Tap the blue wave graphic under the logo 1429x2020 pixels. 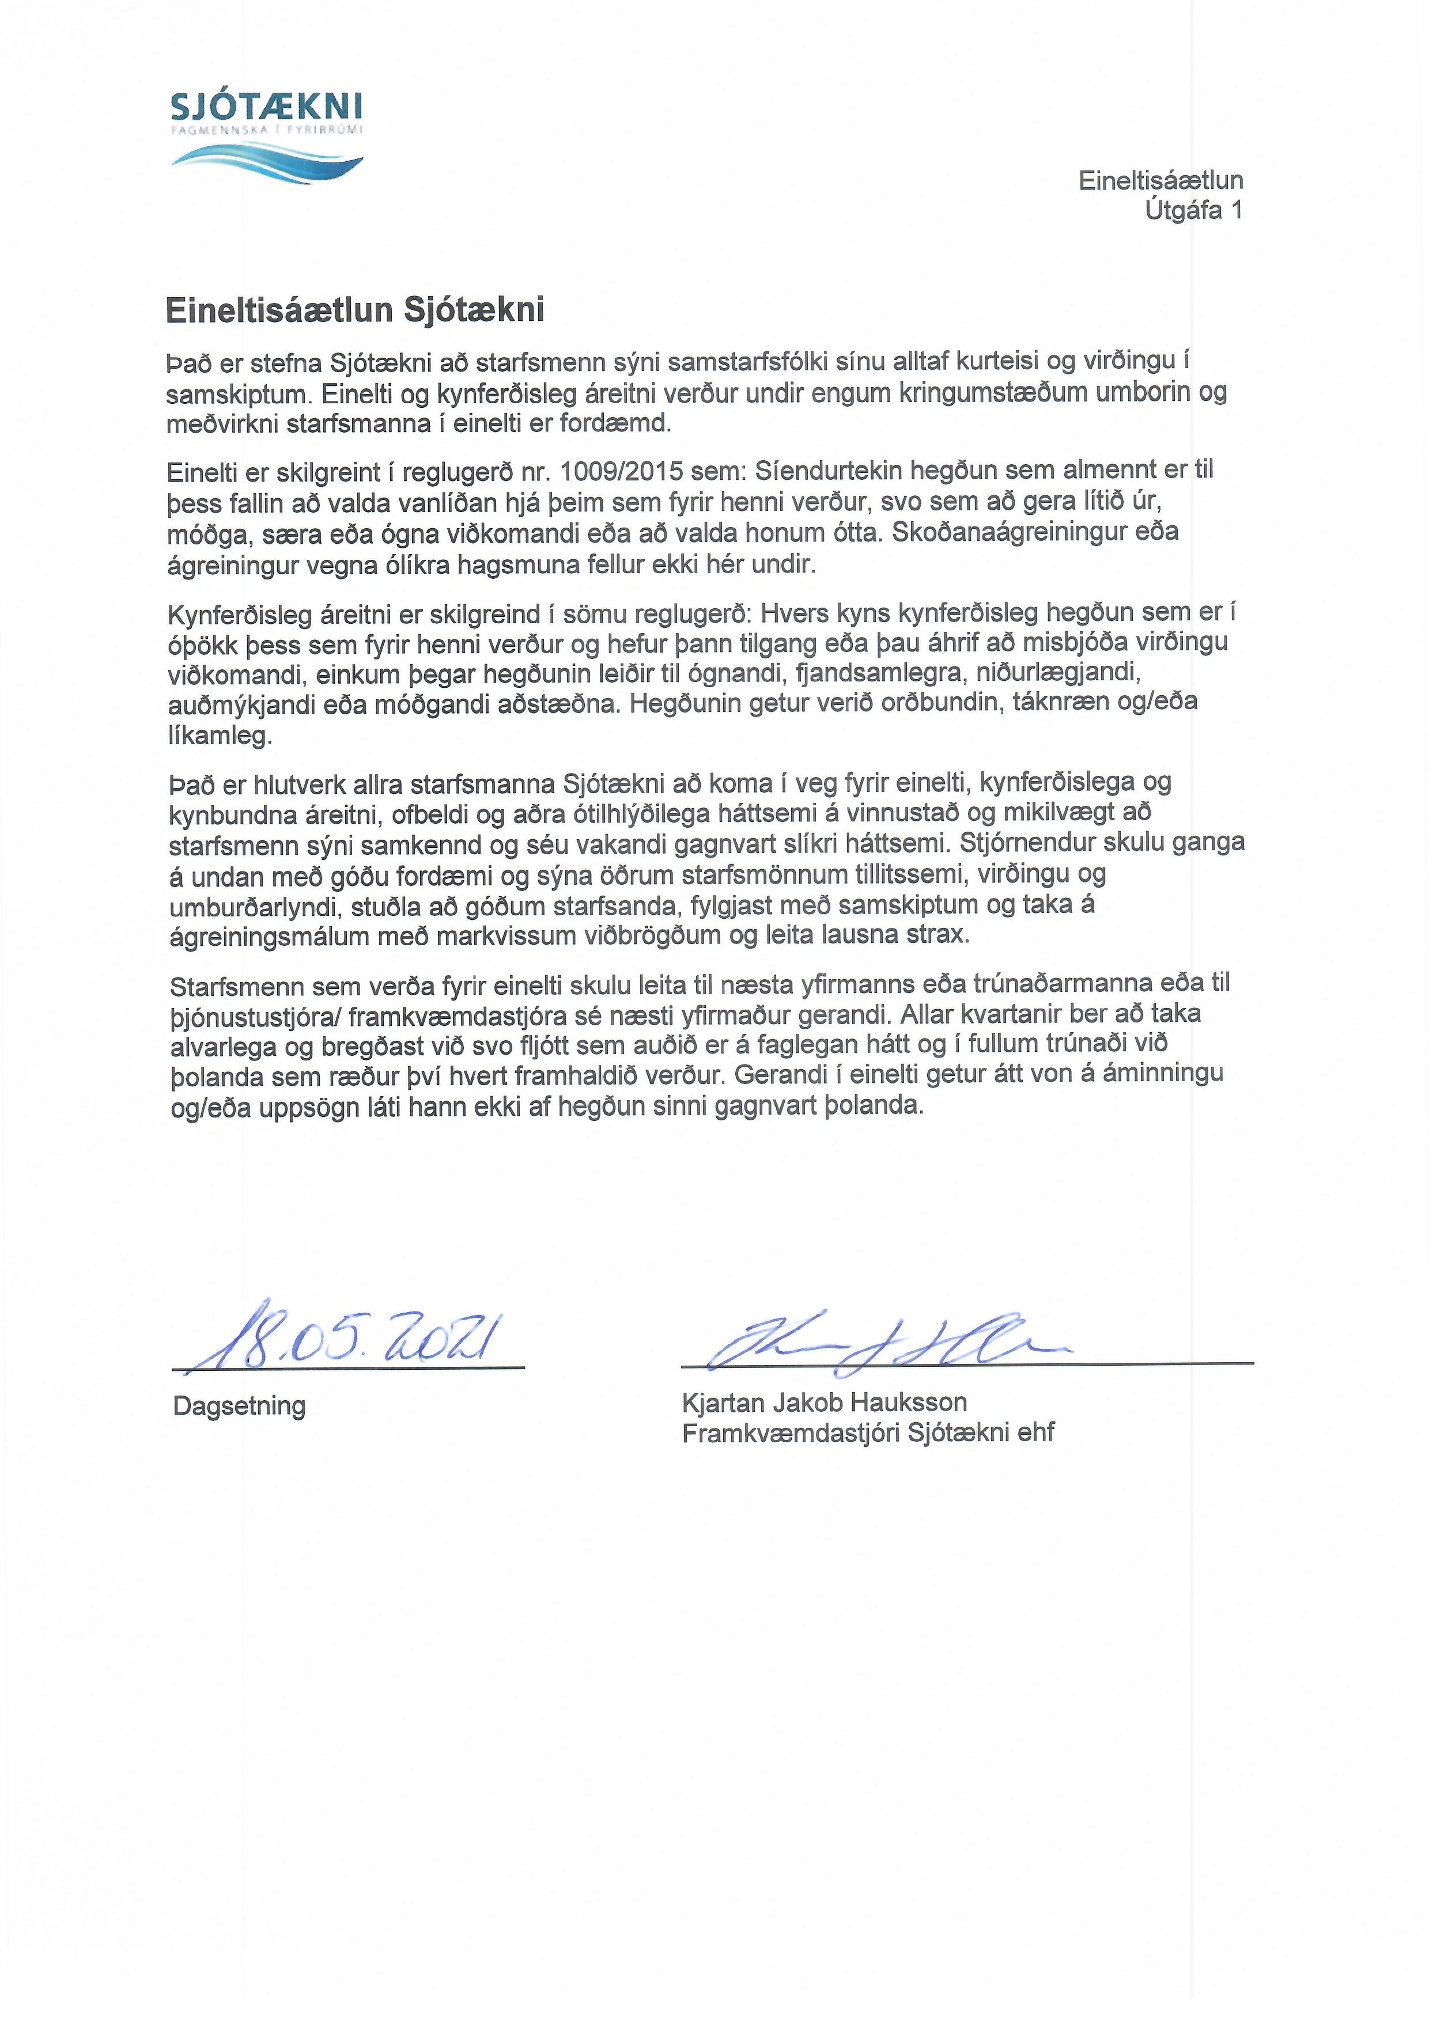tap(266, 158)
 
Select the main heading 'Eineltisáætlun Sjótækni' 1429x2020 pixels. tap(356, 310)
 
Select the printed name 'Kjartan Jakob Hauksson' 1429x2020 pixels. tap(825, 1401)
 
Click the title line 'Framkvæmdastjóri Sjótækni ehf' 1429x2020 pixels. tap(868, 1433)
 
